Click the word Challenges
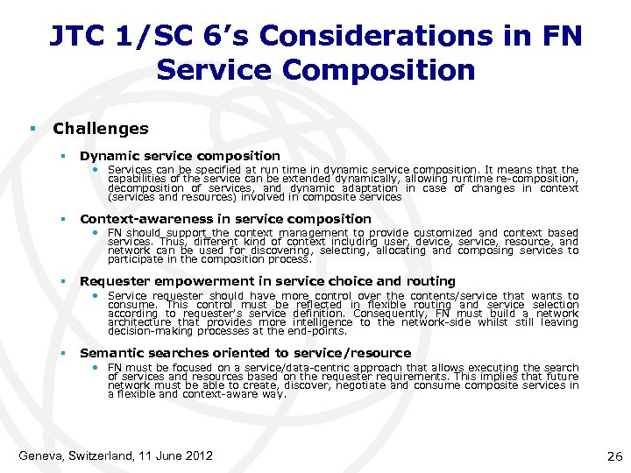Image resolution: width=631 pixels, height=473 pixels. [101, 129]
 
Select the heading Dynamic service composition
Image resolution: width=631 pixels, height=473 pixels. [180, 156]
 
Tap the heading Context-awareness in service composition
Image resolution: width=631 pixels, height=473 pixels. [225, 219]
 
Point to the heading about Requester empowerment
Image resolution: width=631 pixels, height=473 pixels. [267, 281]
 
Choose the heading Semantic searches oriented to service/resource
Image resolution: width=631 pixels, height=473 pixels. [245, 353]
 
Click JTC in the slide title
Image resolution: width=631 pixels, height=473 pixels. [75, 36]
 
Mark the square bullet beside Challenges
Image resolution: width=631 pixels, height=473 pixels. [32, 129]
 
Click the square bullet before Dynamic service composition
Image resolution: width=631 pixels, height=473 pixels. [64, 156]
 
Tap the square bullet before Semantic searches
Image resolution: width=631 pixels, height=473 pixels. [64, 353]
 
